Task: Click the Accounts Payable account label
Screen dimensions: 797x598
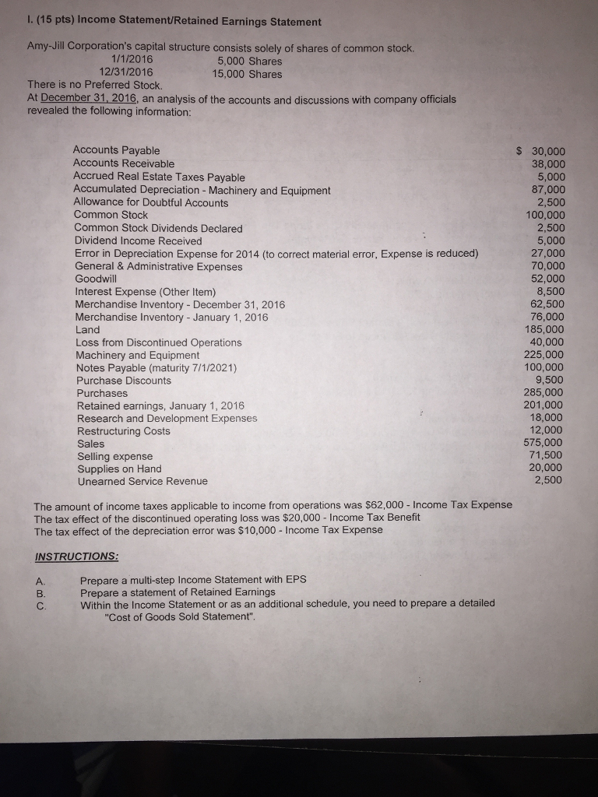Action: coord(116,150)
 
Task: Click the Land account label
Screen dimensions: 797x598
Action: coord(87,330)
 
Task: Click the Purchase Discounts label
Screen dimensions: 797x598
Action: coord(124,381)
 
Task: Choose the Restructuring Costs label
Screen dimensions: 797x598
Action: coord(123,431)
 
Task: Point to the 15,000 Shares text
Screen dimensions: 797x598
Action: coord(247,75)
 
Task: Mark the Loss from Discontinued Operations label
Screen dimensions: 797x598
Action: coord(159,342)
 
